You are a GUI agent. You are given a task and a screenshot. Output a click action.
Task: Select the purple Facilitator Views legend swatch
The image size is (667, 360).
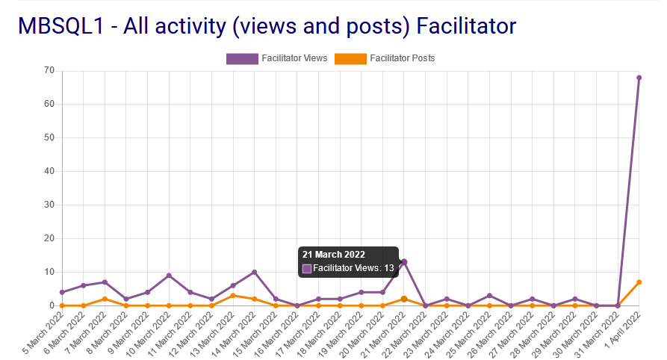tap(242, 58)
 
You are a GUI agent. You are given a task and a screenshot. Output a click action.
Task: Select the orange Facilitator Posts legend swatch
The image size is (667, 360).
tap(350, 58)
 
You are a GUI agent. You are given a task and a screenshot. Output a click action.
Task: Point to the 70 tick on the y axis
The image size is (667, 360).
tap(49, 70)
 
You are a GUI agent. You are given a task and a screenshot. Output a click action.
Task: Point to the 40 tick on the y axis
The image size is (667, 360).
tap(49, 171)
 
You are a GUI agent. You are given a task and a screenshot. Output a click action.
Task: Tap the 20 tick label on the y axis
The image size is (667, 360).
tap(49, 238)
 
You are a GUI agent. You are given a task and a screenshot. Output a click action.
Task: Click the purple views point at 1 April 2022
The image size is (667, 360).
tap(639, 78)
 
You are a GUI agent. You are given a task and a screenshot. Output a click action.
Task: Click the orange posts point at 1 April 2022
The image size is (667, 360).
tap(639, 282)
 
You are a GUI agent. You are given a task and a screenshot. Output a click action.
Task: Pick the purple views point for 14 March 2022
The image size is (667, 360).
tap(255, 273)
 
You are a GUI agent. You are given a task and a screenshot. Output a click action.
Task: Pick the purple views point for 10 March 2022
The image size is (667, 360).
tap(169, 276)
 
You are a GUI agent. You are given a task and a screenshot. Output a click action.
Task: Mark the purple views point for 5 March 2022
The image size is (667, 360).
tap(62, 292)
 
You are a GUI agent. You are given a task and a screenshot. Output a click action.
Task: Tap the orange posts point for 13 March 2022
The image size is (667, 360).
tap(233, 296)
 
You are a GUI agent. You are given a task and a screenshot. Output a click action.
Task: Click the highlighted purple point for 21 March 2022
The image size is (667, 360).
tap(404, 262)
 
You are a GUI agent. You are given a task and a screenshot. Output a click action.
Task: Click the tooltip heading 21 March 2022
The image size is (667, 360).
tap(333, 255)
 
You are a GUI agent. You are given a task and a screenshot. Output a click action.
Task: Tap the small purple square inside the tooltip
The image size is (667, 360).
tap(307, 268)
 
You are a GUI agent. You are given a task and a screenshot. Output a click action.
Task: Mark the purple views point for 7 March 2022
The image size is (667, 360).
tap(105, 282)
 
